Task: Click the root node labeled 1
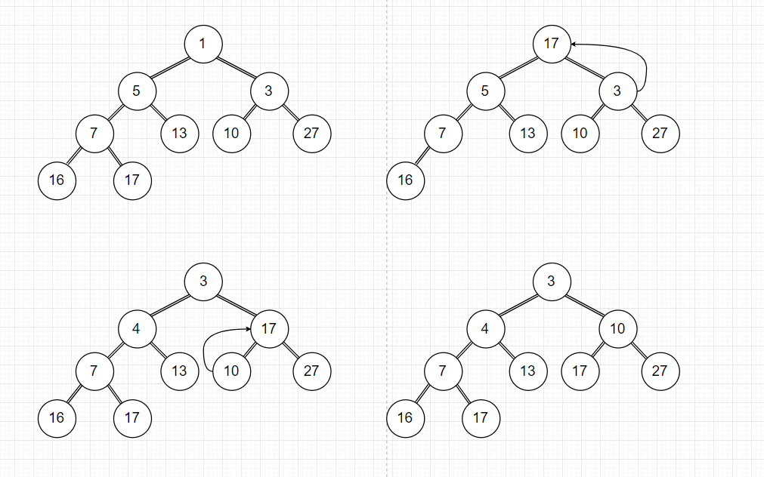203,44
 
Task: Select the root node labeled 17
551,44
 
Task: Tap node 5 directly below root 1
137,91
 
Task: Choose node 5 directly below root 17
485,91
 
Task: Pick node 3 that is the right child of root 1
269,91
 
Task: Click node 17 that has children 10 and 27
269,329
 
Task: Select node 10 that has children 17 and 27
617,329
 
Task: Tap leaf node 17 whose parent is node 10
580,371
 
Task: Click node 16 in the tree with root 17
405,180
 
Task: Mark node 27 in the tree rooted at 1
311,134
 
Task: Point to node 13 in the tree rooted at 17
527,134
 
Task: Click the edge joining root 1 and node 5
169,68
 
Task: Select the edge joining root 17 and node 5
518,68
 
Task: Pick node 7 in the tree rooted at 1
94,134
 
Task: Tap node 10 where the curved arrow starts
231,371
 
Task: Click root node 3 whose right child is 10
551,282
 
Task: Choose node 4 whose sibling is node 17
137,329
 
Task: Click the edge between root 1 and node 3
236,68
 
